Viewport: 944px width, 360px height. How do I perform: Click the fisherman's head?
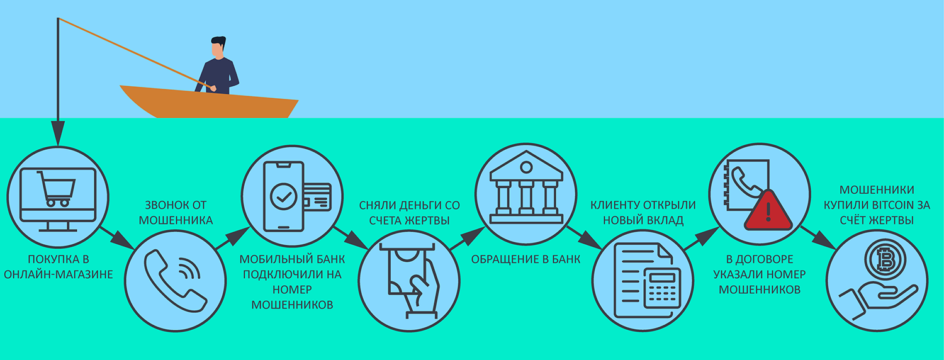click(x=218, y=47)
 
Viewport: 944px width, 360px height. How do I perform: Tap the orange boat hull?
click(x=208, y=104)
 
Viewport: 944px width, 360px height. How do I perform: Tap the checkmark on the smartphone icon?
click(x=283, y=196)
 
